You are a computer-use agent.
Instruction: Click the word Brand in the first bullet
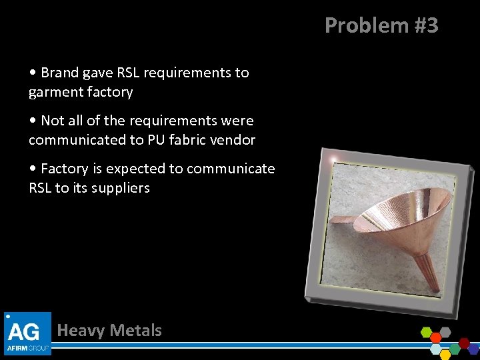coord(59,73)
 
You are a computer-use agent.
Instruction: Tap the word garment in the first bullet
coord(55,92)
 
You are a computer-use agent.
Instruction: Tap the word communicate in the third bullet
coord(231,169)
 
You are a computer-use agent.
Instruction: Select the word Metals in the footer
coord(136,330)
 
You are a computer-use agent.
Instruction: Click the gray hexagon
coord(445,331)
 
